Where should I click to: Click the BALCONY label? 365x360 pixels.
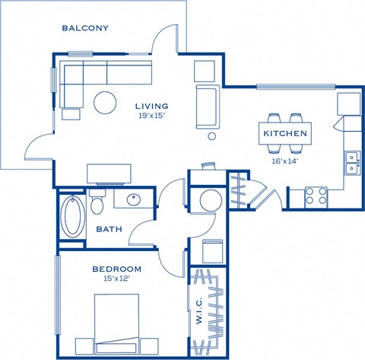[85, 28]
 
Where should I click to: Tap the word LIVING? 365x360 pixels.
[152, 106]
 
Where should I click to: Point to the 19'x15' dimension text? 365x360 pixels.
[152, 116]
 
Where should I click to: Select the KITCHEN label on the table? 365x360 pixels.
[285, 134]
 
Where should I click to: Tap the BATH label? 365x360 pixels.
[109, 229]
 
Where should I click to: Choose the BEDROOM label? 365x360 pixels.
[117, 269]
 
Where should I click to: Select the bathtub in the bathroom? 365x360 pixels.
[73, 215]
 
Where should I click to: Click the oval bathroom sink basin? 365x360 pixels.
[134, 200]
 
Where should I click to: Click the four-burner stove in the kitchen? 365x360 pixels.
[316, 196]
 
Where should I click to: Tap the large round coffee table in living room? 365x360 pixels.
[104, 101]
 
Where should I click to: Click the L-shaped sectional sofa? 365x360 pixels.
[91, 78]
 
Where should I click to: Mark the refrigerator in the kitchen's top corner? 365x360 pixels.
[349, 104]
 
